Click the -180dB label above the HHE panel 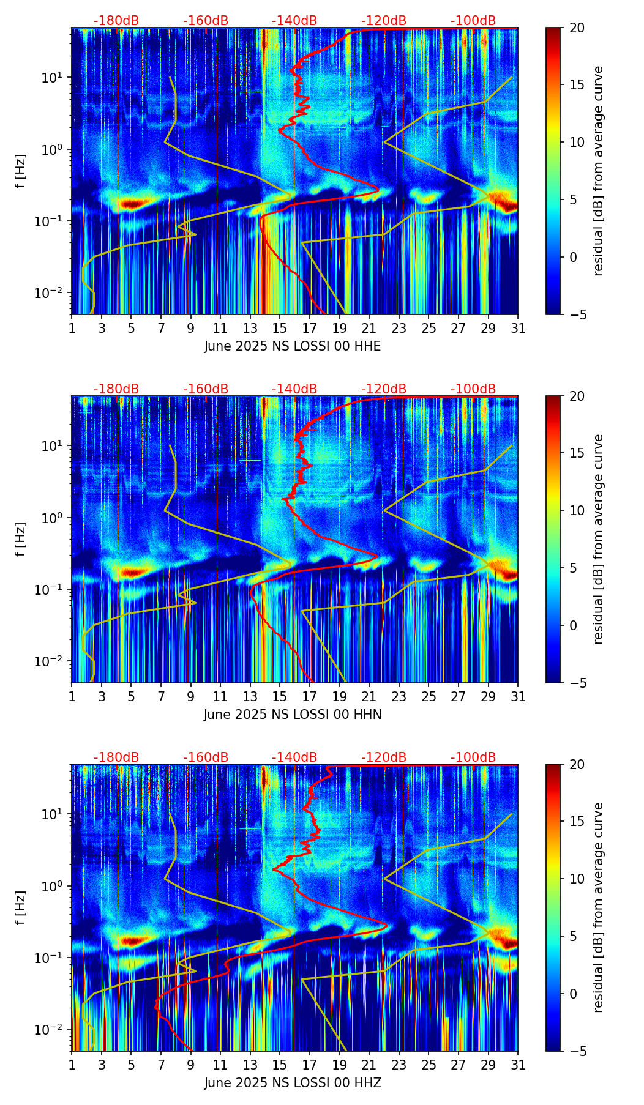coord(116,21)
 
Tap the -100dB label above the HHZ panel coord(473,757)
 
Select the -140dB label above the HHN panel coord(294,389)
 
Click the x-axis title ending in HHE coord(293,346)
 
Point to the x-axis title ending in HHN coord(293,715)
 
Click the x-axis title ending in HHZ coord(293,1083)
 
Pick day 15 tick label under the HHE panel coord(280,328)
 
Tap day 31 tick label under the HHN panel coord(517,696)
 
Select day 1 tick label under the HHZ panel coord(72,1065)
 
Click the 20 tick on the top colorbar coord(577,28)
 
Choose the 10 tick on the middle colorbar coord(577,510)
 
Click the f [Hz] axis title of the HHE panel coord(21,171)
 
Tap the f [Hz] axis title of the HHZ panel coord(21,908)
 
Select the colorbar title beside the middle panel coord(599,539)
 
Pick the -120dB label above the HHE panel coord(384,21)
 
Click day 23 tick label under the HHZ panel coord(399,1065)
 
